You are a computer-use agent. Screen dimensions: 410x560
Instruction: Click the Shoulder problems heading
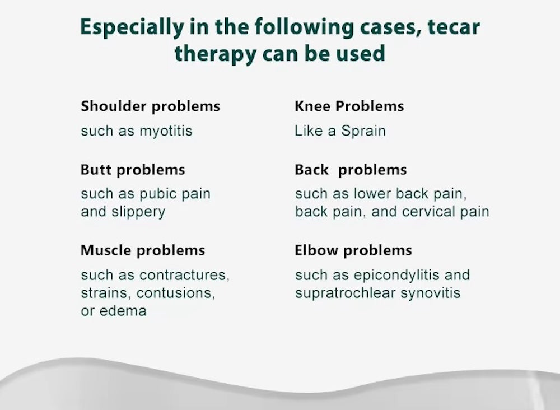pos(150,106)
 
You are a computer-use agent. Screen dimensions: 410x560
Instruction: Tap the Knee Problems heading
pos(349,106)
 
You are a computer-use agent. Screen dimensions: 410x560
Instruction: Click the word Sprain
pos(363,132)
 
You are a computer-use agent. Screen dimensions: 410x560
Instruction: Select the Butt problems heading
pos(133,169)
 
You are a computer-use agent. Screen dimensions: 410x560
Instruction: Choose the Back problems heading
pos(351,169)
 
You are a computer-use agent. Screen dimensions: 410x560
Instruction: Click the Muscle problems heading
pos(143,250)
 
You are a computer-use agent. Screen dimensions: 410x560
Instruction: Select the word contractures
pos(184,276)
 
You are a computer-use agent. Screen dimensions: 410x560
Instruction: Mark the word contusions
pos(175,293)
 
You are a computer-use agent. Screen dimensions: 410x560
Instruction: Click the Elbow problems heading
pos(353,250)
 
